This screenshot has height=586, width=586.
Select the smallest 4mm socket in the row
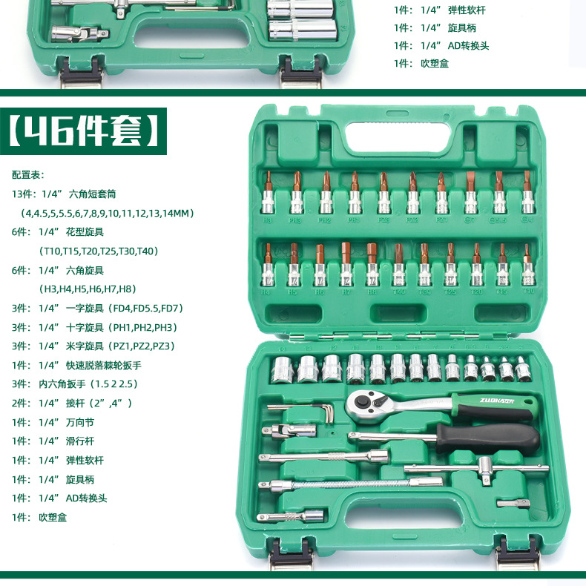[x=523, y=368]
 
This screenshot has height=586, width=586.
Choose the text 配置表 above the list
[x=28, y=175]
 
